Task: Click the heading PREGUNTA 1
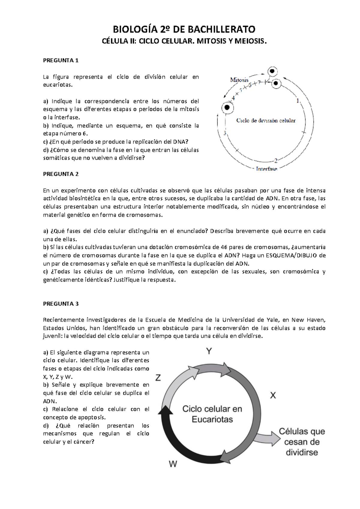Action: coord(61,60)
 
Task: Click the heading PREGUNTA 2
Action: coord(61,174)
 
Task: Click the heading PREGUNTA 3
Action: coord(61,304)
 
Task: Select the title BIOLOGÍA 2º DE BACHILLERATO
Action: coord(184,29)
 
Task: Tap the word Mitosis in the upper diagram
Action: coord(239,80)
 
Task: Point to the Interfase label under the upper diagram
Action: coord(266,169)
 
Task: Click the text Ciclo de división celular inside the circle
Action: coord(266,121)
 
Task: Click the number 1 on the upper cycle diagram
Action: coord(298,101)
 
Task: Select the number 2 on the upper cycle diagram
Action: coord(276,160)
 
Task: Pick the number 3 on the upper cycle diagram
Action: coord(225,133)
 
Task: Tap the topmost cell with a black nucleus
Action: coord(272,71)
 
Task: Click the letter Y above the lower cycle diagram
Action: coord(209,351)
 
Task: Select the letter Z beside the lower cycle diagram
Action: coord(158,378)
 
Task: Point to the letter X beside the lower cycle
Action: coord(273,396)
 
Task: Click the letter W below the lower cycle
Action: coord(173,464)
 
